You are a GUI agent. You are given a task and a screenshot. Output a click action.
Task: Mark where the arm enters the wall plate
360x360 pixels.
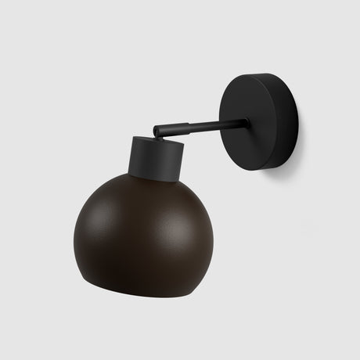(x=246, y=122)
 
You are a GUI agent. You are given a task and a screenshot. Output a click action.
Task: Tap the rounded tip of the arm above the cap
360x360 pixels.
(x=157, y=131)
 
